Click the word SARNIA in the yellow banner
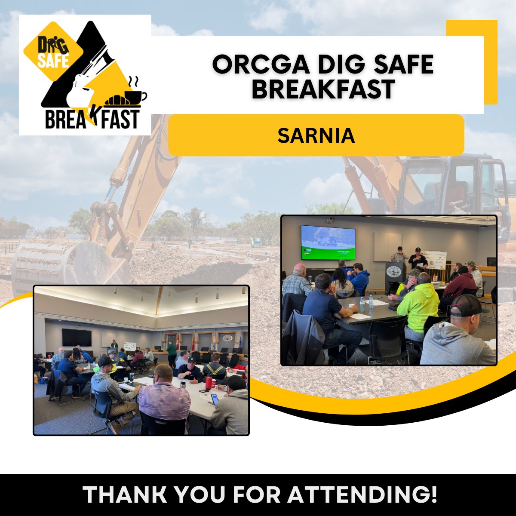point(316,135)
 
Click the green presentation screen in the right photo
point(328,243)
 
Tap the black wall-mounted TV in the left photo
point(77,338)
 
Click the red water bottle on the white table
point(209,382)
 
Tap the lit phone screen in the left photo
point(214,399)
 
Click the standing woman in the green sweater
point(172,353)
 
